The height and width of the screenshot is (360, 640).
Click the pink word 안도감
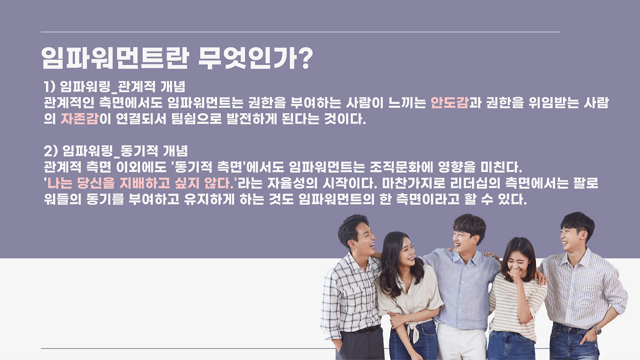click(x=449, y=103)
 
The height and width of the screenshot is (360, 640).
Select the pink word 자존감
click(x=79, y=119)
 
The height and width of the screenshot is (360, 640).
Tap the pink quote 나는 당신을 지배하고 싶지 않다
click(x=140, y=183)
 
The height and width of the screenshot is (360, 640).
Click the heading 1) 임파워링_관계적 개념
click(x=114, y=86)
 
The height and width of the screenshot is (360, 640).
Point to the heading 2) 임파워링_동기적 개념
click(x=115, y=150)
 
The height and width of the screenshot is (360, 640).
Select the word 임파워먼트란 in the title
click(x=115, y=58)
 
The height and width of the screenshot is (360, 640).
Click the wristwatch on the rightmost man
click(x=597, y=330)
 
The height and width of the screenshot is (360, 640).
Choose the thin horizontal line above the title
click(x=300, y=32)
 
